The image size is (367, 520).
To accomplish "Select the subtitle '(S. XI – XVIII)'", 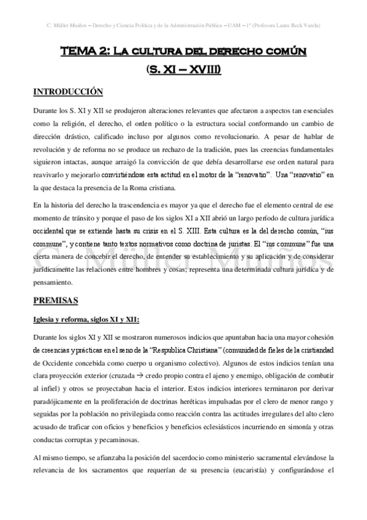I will (183, 71).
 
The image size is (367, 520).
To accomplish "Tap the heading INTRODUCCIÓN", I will (67, 92).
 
